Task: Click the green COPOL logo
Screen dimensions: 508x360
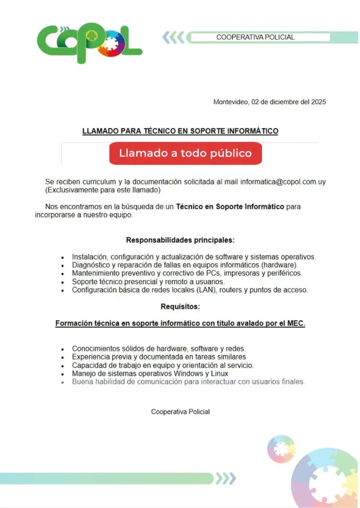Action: point(89,43)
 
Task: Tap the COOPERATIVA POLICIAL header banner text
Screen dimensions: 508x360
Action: point(256,38)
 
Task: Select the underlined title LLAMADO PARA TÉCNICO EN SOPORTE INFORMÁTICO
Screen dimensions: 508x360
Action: point(180,131)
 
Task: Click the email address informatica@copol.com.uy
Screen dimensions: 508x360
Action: point(283,182)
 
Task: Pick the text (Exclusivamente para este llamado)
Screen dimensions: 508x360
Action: point(103,190)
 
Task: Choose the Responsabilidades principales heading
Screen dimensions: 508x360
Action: point(180,240)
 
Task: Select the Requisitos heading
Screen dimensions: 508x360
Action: point(180,307)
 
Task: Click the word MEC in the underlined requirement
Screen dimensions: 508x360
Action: point(295,323)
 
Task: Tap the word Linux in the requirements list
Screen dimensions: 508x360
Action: point(219,373)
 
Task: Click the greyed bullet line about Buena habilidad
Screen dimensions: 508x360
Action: point(188,382)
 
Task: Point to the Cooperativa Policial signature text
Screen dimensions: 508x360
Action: point(181,412)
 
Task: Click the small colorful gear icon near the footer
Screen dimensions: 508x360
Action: point(281,449)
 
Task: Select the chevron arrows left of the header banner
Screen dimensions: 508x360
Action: point(173,37)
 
